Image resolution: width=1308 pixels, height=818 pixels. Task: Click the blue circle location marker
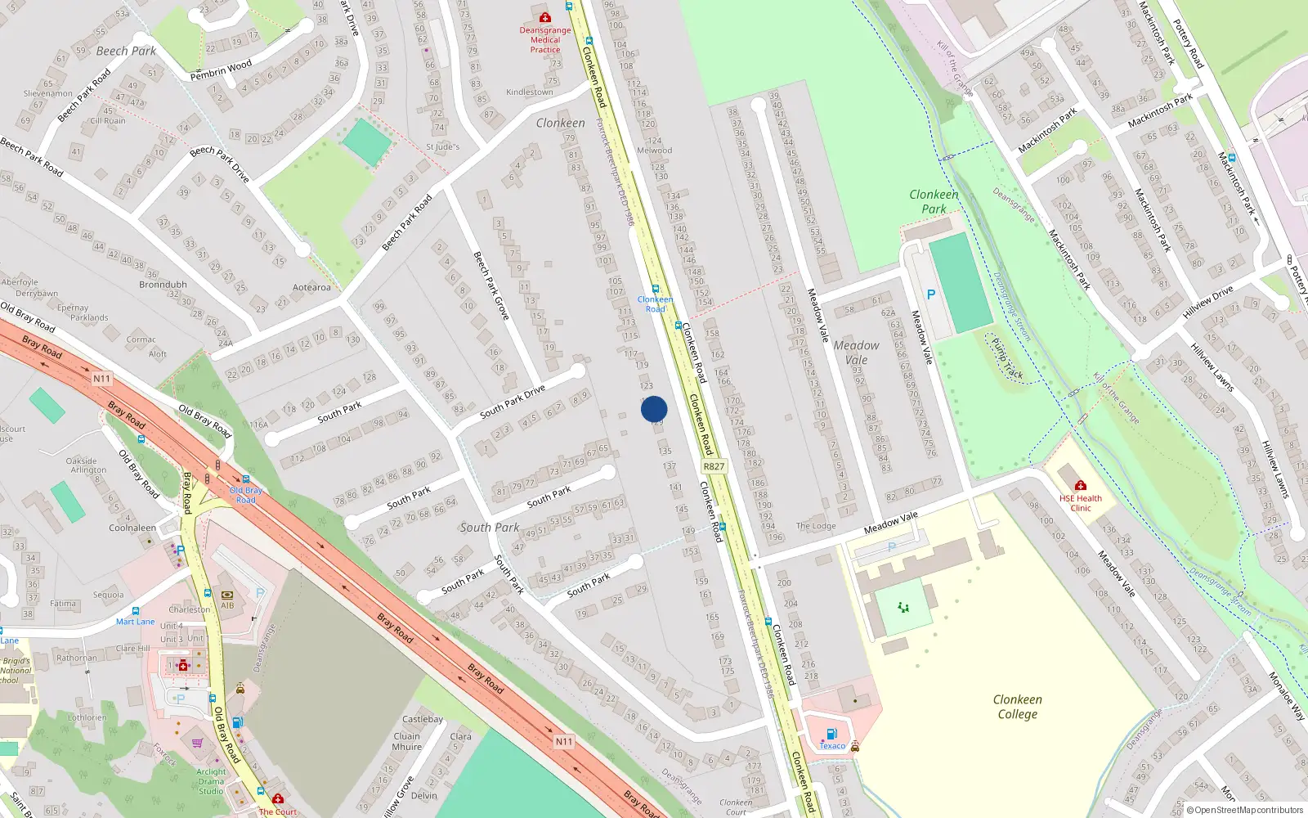click(654, 409)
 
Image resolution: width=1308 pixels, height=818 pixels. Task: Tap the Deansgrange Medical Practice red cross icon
click(545, 17)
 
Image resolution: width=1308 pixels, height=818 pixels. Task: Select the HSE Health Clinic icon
click(1080, 485)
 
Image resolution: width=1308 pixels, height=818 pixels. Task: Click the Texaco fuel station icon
click(831, 734)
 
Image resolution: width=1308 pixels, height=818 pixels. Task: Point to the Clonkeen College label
click(1017, 707)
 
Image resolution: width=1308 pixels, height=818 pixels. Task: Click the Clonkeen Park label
click(934, 201)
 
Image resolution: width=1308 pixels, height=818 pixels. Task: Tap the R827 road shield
click(714, 466)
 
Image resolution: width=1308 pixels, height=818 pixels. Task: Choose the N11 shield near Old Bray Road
click(101, 379)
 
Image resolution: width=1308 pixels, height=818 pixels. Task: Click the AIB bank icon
click(227, 595)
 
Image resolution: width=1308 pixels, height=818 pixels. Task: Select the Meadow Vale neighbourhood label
click(856, 353)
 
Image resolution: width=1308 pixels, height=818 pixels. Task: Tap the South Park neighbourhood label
click(489, 528)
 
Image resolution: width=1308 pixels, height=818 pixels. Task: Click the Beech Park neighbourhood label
click(126, 51)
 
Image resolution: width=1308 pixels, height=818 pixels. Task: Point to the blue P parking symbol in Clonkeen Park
click(930, 294)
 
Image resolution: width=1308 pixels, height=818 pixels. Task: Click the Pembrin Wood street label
click(221, 70)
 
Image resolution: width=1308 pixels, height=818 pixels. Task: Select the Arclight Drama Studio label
click(211, 781)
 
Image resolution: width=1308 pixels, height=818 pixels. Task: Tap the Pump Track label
click(1007, 359)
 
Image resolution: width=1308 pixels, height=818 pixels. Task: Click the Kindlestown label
click(530, 92)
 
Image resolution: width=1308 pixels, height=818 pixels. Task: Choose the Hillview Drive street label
click(1207, 303)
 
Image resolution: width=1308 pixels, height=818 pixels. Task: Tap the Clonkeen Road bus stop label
click(655, 304)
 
